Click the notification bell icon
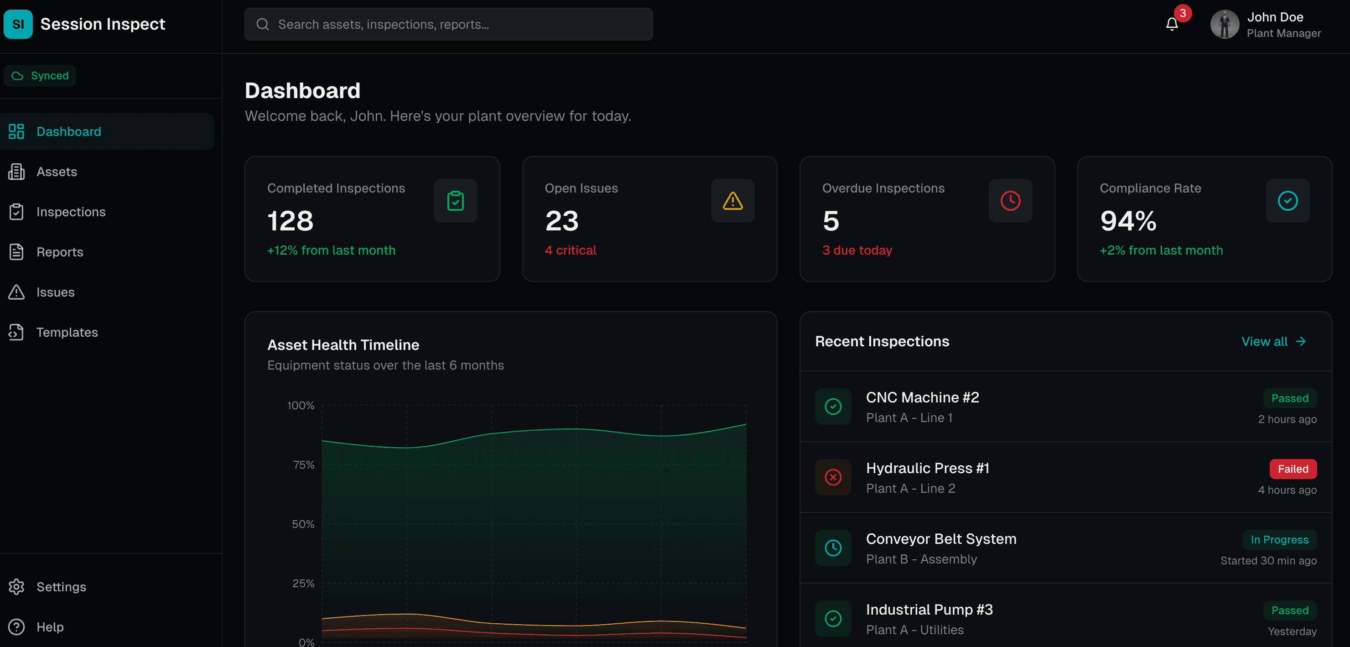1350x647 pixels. (1172, 24)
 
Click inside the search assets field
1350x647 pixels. (448, 24)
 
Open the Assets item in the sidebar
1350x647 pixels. (57, 172)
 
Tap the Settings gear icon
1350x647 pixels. (16, 587)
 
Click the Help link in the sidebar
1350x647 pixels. (50, 626)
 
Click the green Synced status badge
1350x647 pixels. (40, 75)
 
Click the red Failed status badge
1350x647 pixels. (1293, 469)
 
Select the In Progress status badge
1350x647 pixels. (1279, 539)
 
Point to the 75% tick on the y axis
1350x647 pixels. (303, 464)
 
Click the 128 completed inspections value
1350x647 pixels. (291, 221)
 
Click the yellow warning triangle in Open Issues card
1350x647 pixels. (732, 201)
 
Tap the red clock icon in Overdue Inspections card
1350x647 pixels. (1010, 201)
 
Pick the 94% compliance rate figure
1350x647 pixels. (1128, 221)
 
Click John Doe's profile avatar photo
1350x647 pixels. (1224, 24)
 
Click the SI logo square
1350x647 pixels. (18, 24)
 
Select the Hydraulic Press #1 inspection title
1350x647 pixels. (927, 468)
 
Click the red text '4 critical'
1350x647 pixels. (570, 250)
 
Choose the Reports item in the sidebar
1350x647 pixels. (60, 252)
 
